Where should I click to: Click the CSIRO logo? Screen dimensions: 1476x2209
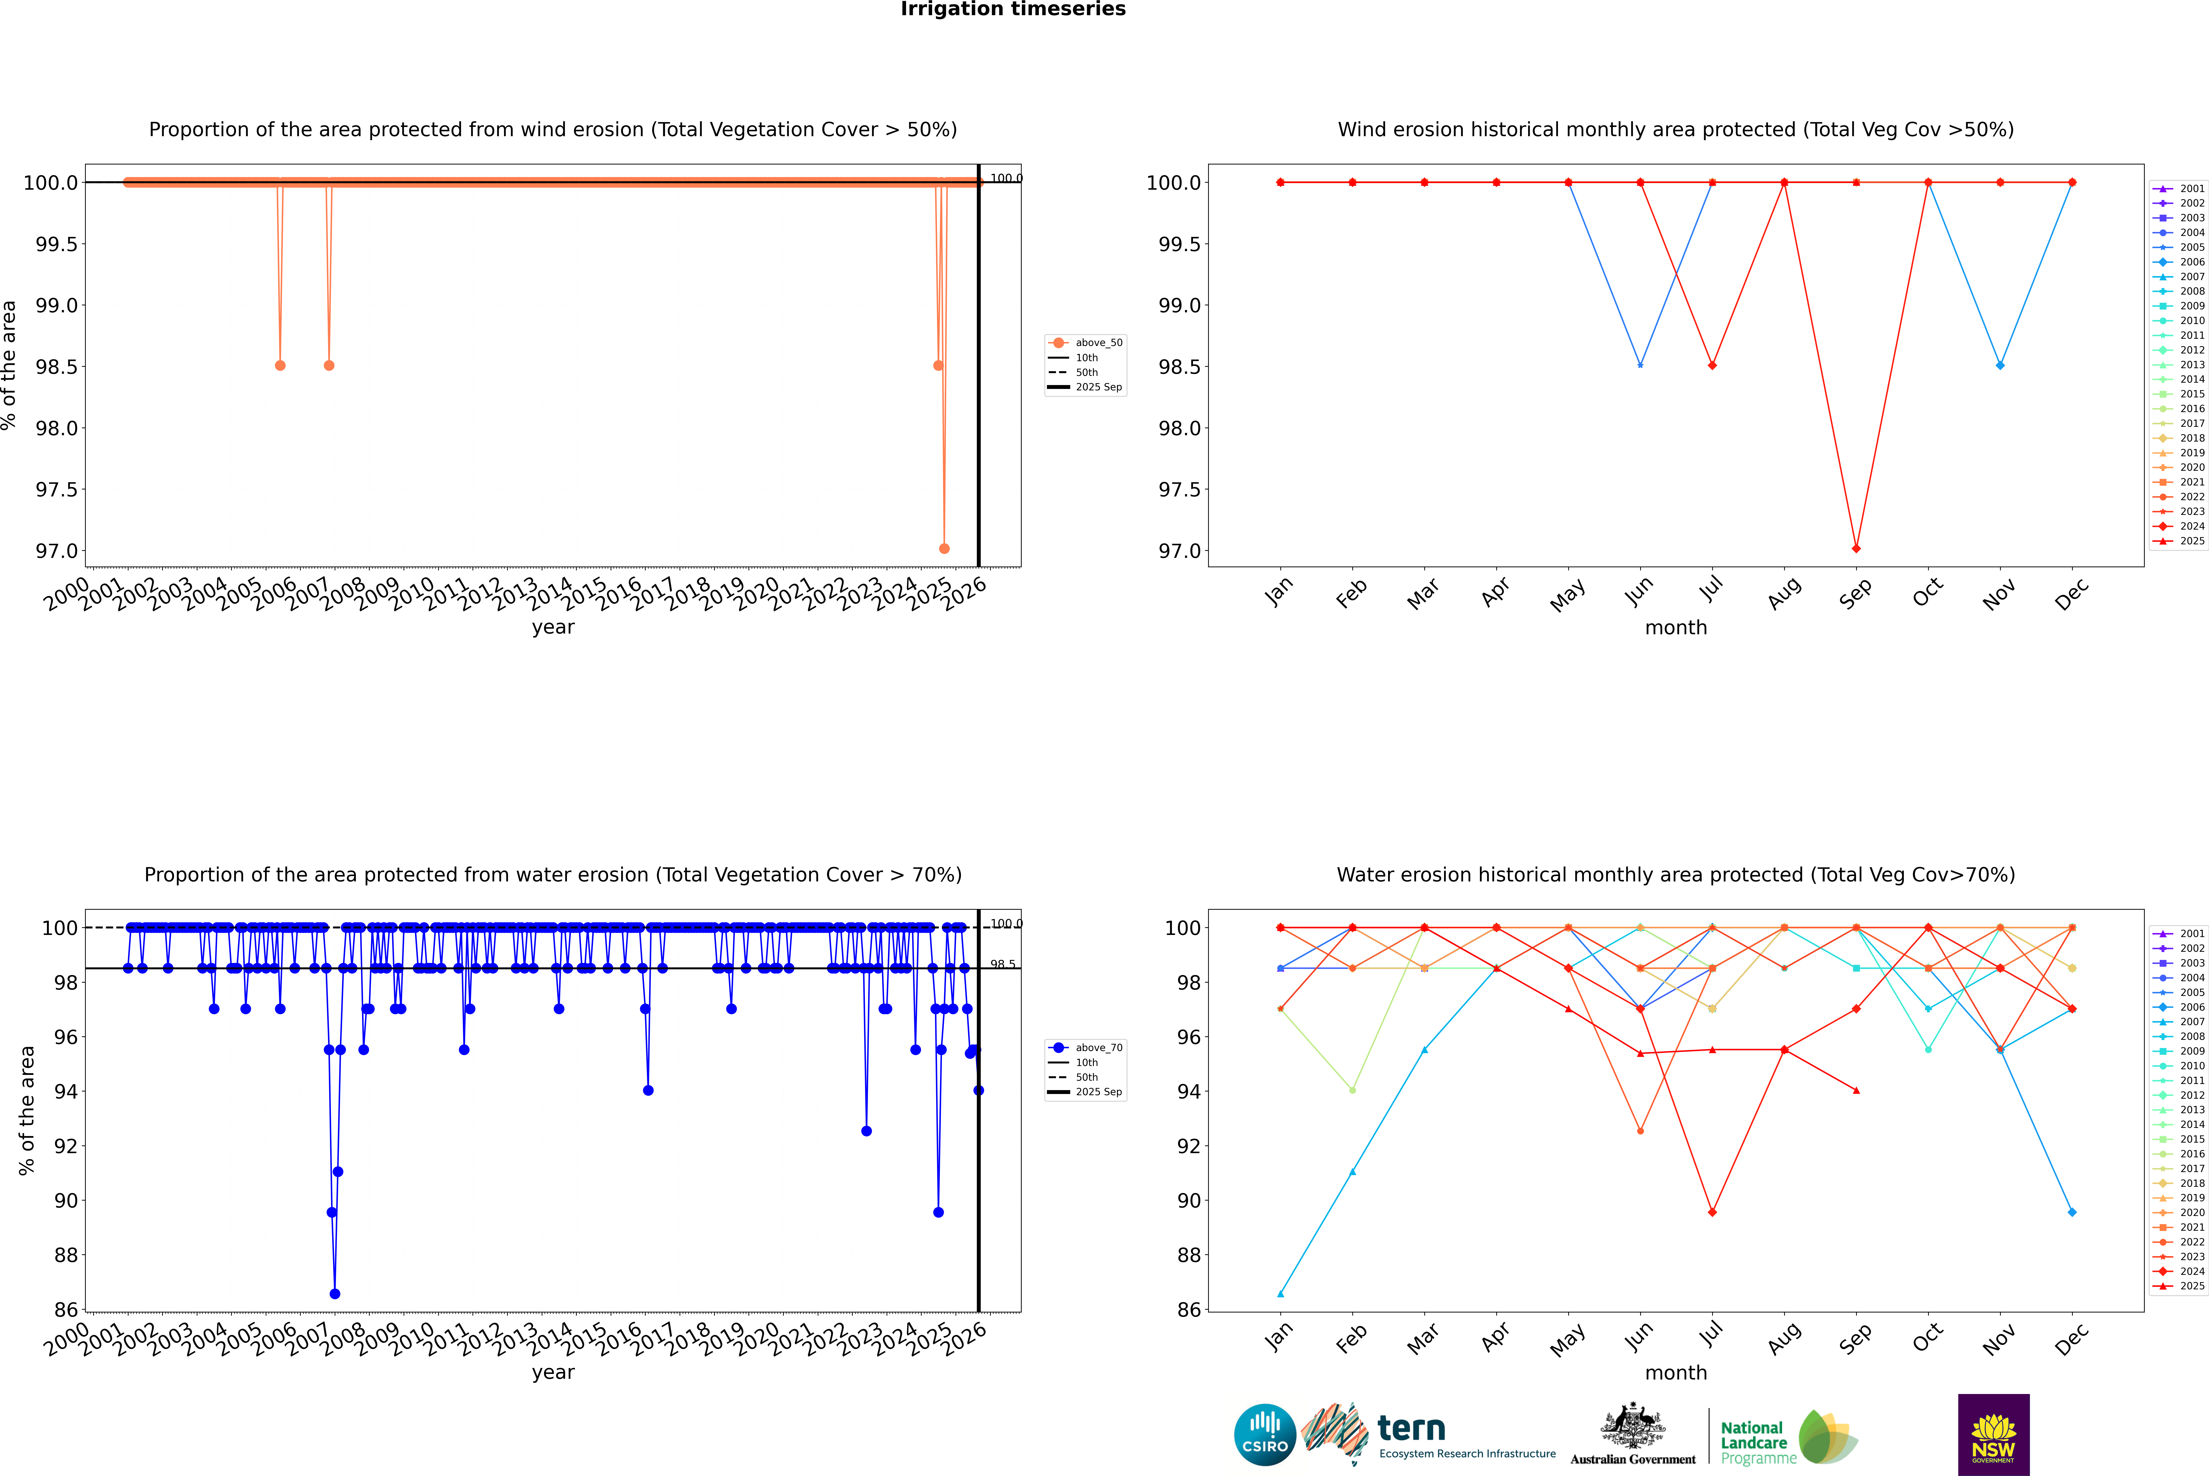pyautogui.click(x=1265, y=1435)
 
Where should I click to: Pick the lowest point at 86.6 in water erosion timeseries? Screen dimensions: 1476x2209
pyautogui.click(x=335, y=1293)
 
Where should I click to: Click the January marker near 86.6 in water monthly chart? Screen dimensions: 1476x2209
pyautogui.click(x=1281, y=1293)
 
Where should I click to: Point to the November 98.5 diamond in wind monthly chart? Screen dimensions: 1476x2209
pyautogui.click(x=2000, y=365)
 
